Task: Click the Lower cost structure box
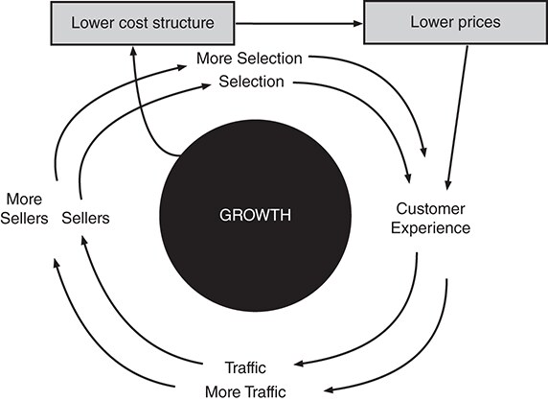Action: (143, 23)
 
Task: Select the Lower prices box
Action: (456, 22)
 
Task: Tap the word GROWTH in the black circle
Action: (255, 215)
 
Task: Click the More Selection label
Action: (249, 59)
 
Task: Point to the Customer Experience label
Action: (430, 219)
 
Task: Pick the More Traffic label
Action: (245, 392)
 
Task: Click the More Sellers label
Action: (24, 209)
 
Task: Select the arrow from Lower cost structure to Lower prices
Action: (299, 23)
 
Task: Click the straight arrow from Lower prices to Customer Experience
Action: (457, 118)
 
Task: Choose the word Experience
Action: (430, 228)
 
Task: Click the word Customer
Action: (430, 208)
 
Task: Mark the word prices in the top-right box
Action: (479, 22)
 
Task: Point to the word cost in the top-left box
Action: (134, 23)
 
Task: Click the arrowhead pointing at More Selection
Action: (182, 67)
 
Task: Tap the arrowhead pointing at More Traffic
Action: (330, 389)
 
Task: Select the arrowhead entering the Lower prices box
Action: (358, 23)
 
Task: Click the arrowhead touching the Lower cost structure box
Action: (133, 51)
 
